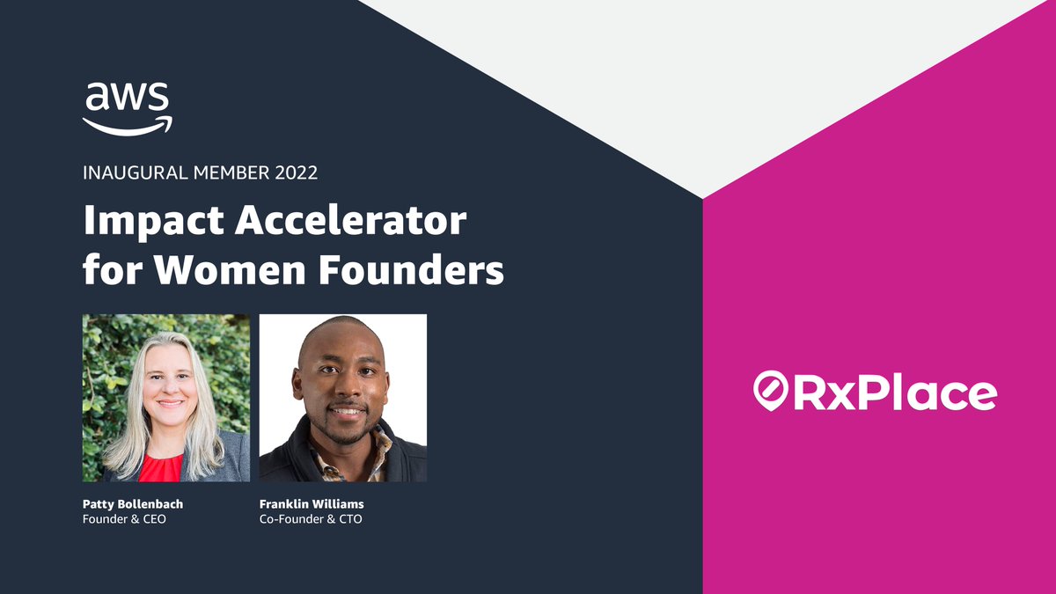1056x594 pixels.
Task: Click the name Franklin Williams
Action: (x=311, y=504)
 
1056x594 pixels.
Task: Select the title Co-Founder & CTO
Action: (x=311, y=519)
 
